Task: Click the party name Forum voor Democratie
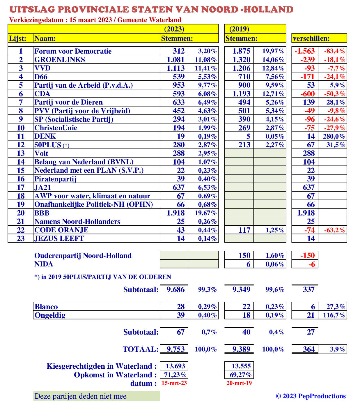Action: [x=73, y=51]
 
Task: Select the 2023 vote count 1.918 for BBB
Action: [x=175, y=213]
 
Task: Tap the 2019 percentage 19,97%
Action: [x=273, y=51]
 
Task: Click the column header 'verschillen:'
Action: [x=311, y=38]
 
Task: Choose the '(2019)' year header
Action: [x=239, y=29]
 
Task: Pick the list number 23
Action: [x=21, y=238]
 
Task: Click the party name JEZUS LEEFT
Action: [x=59, y=238]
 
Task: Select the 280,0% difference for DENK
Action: [x=334, y=136]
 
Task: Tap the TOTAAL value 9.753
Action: [x=175, y=349]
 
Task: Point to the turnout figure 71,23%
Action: [x=175, y=375]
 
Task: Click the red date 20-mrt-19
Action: [x=239, y=383]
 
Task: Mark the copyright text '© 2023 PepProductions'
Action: [x=311, y=396]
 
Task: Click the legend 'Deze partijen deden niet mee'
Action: [x=81, y=396]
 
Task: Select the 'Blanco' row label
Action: [x=46, y=307]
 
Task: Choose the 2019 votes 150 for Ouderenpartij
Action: [x=244, y=256]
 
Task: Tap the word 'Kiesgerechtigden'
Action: [x=75, y=366]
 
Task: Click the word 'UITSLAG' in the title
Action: [x=32, y=10]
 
